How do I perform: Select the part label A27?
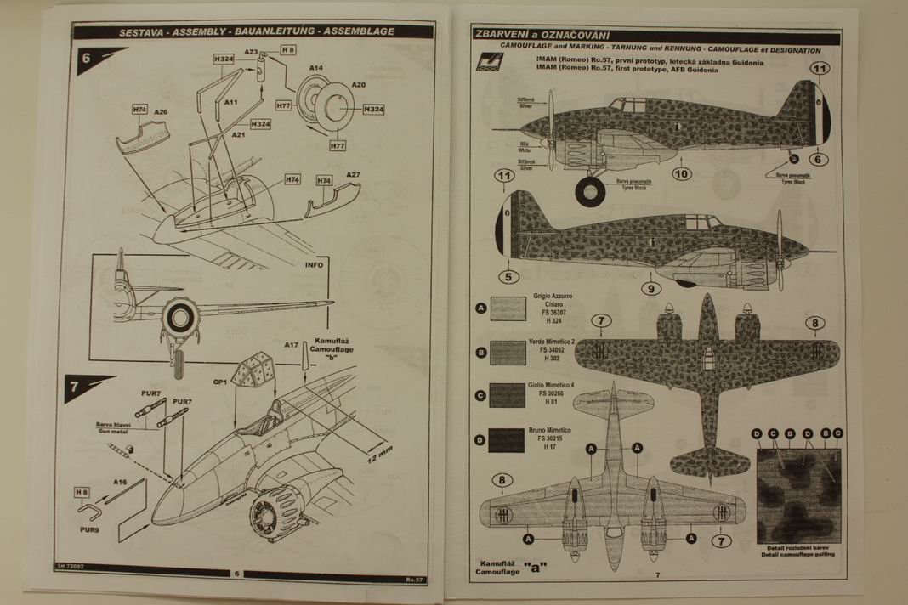pos(353,175)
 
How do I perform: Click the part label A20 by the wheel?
pos(358,85)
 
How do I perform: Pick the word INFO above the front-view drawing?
pos(313,265)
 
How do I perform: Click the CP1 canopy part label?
pos(218,382)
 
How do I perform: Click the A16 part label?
pos(119,482)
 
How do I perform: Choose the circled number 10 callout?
pos(681,174)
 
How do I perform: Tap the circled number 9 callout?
pos(650,288)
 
